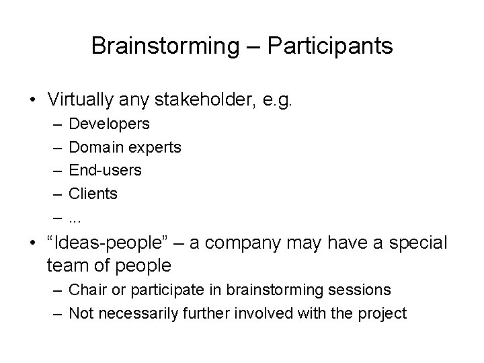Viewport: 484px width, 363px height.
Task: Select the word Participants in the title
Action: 329,46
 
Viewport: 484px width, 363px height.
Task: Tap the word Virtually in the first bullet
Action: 81,99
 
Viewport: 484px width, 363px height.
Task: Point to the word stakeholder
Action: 200,99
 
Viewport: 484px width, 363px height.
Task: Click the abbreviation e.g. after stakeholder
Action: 276,99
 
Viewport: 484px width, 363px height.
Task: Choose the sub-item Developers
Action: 110,124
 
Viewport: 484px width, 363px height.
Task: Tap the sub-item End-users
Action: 106,171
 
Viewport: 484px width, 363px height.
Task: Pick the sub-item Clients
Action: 93,194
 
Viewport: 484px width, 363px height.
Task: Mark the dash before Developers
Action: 53,124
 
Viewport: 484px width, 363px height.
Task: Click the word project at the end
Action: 384,313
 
